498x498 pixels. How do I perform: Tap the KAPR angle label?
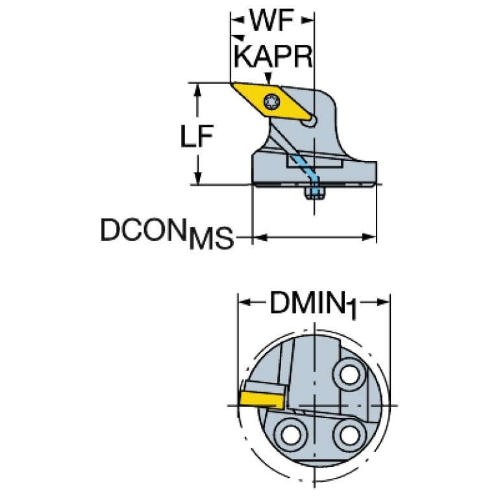point(273,56)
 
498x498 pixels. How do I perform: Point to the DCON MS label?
point(166,232)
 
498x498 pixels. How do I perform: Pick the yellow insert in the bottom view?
point(258,394)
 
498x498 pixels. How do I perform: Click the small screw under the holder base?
point(316,192)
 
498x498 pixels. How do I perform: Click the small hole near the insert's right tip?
point(313,120)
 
